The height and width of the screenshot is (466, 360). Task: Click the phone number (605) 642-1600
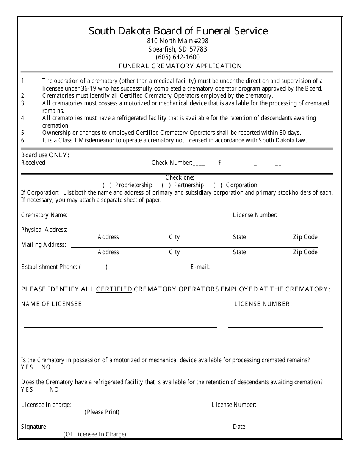pos(178,57)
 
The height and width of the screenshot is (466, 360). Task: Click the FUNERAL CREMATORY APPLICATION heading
pos(180,66)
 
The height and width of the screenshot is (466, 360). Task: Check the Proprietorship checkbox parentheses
pos(108,185)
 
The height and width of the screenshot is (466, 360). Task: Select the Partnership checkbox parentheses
pos(166,185)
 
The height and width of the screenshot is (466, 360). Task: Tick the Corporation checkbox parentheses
pos(218,185)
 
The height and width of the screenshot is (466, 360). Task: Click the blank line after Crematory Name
pos(150,215)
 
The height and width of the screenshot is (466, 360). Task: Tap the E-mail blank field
pos(254,267)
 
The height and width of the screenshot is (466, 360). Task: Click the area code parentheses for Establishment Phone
pos(93,267)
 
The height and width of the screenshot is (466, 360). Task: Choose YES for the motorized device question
pos(27,367)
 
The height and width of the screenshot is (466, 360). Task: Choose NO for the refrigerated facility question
pos(54,389)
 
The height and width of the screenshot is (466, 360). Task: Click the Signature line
pos(139,427)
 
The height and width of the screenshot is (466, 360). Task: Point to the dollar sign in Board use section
pos(220,163)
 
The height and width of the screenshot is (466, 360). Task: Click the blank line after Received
pos(97,163)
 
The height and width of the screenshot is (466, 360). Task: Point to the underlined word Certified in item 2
pos(131,96)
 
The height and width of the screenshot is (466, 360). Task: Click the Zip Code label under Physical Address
pos(305,237)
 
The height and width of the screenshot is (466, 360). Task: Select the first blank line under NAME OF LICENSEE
pos(121,314)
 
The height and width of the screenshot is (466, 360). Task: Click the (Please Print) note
pos(102,412)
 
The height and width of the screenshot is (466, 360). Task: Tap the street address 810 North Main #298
pos(178,41)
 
